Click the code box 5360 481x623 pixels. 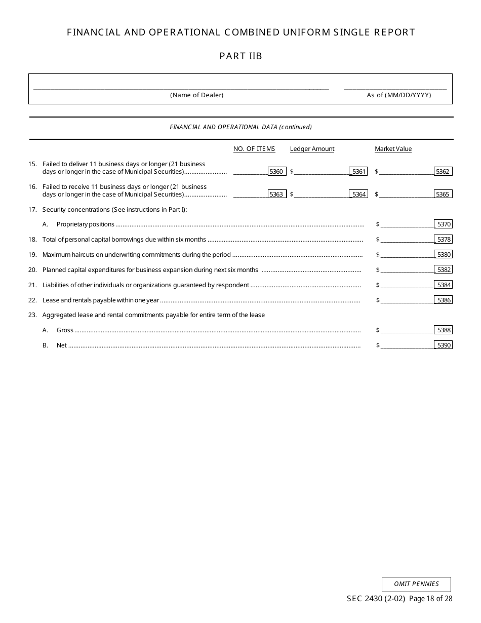[276, 172]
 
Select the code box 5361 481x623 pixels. [358, 172]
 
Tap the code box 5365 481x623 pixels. [443, 194]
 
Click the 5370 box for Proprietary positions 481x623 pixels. [444, 224]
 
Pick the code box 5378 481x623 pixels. [444, 240]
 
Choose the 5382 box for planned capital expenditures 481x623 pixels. [444, 270]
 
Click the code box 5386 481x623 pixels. [444, 300]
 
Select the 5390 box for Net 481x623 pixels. [444, 345]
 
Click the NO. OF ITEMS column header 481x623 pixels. [254, 149]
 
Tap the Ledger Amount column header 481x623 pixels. [312, 149]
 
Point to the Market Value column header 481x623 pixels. [393, 149]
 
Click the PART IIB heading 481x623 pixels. [240, 56]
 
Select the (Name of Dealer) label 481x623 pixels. [196, 95]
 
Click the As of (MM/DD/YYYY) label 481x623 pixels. [399, 95]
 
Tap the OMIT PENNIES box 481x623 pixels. [416, 584]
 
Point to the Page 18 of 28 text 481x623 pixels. [430, 599]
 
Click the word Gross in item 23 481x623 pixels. [65, 330]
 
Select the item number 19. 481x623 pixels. [32, 255]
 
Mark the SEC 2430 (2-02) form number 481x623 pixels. [376, 599]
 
